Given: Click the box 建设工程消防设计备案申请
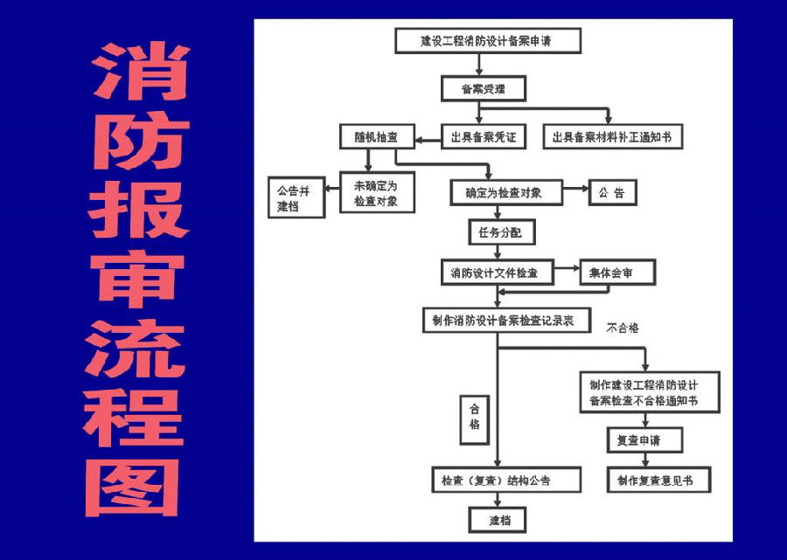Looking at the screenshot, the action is point(488,40).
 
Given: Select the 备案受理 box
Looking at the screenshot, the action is point(484,89).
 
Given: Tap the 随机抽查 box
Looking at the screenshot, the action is point(377,136).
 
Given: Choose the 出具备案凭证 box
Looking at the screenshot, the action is point(484,136).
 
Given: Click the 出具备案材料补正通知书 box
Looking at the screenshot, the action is point(613,136).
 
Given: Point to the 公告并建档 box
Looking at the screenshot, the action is point(296,197).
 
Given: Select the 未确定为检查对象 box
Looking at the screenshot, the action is point(377,192).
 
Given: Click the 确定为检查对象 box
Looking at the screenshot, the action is point(506,192).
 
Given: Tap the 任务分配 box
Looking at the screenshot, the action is point(501,232).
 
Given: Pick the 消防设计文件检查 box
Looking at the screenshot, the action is point(498,273).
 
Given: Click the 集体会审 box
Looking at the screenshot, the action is point(617,273).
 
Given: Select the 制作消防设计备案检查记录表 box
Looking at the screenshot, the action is point(506,320).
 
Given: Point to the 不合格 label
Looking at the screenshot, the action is point(623,328).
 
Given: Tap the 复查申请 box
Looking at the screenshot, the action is point(644,440).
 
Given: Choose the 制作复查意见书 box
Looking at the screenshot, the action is point(658,480).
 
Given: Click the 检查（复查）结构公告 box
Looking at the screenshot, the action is point(506,480).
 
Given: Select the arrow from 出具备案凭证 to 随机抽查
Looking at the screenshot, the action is point(428,140).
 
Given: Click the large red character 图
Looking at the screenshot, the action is point(133,487).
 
